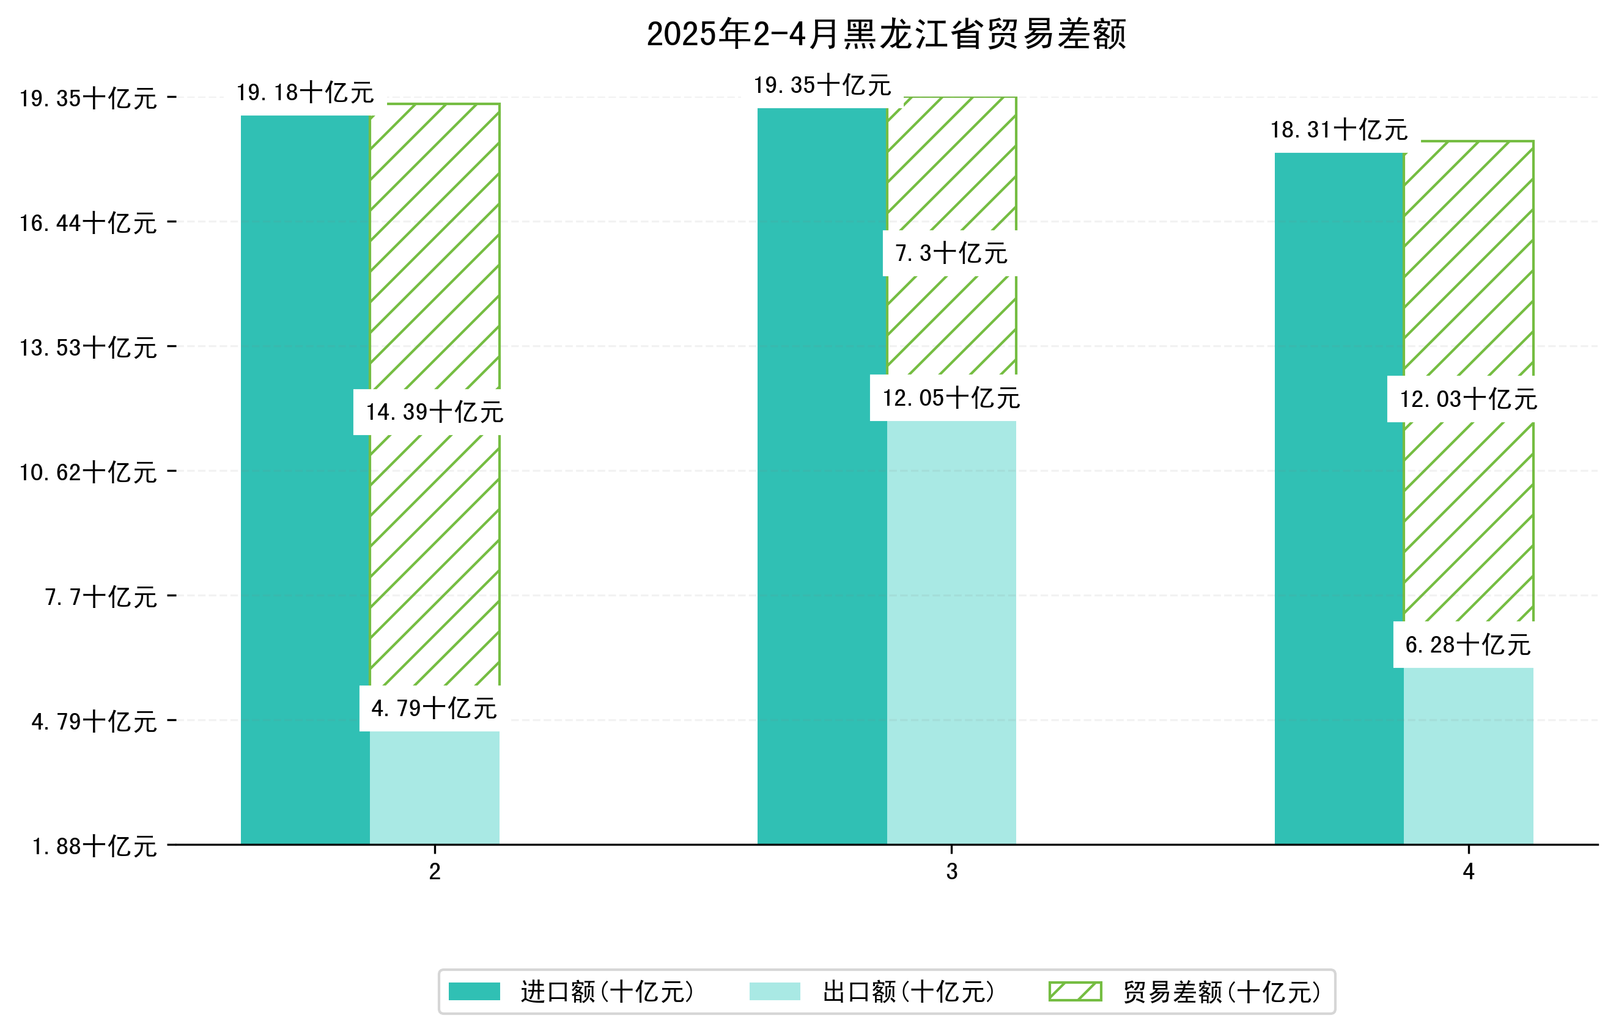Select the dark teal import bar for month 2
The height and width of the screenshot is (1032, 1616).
[305, 480]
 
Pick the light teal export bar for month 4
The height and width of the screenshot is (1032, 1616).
[1469, 756]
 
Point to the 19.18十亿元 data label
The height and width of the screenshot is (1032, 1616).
[305, 92]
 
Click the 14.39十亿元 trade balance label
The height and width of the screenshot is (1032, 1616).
[434, 412]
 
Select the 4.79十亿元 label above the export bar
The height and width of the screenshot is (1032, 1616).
[434, 708]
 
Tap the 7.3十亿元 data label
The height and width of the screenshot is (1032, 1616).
[951, 253]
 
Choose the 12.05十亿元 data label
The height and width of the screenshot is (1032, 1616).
[951, 398]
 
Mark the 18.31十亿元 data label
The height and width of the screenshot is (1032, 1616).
[1339, 130]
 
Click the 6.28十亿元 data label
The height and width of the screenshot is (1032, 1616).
[1467, 645]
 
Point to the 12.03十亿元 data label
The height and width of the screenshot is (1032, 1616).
[1467, 399]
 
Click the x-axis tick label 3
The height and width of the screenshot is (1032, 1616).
[951, 872]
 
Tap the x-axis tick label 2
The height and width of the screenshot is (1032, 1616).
[435, 872]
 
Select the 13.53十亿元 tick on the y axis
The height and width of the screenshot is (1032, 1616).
[88, 347]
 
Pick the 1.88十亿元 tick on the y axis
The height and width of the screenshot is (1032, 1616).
[94, 846]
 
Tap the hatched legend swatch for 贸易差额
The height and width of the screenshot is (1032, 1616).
[1075, 991]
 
